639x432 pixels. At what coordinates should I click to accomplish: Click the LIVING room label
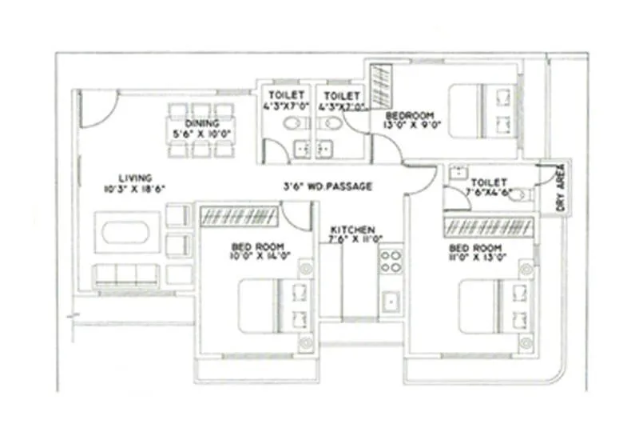135,178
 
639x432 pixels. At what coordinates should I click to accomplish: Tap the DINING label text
196,123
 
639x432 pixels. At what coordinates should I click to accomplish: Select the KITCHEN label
347,227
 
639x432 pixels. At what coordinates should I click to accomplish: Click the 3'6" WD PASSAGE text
327,186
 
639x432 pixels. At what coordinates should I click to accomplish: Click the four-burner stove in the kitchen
391,261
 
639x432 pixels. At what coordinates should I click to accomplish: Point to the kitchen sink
391,302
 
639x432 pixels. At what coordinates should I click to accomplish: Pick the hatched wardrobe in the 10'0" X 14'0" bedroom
239,215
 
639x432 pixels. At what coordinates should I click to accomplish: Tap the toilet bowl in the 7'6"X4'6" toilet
519,194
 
